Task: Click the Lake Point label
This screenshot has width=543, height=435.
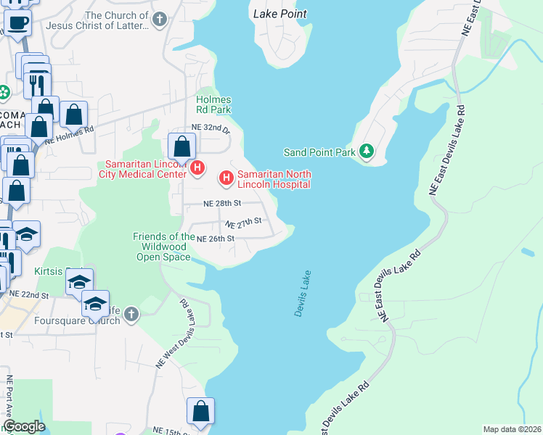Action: (279, 14)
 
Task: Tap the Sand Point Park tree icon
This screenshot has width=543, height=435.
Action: (367, 152)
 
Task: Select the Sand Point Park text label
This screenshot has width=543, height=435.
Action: (319, 152)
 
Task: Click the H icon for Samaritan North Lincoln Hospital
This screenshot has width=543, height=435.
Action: (226, 177)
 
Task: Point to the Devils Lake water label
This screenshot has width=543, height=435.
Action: (303, 294)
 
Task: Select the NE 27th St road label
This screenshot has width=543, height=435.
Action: (242, 222)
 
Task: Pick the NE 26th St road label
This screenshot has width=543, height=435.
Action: (216, 239)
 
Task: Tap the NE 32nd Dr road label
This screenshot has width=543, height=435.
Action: (210, 127)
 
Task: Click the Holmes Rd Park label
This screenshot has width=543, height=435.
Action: (213, 104)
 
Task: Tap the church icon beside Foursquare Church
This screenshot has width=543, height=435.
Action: (131, 314)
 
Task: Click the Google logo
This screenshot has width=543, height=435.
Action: (24, 426)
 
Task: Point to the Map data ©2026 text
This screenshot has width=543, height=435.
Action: (511, 429)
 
